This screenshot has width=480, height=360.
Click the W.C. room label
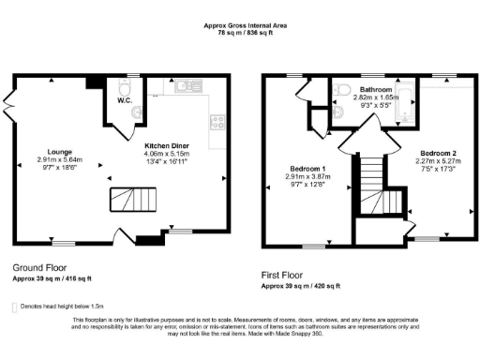tap(124, 100)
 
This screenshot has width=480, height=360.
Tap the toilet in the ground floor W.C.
tap(138, 112)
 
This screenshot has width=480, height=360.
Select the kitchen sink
tap(184, 87)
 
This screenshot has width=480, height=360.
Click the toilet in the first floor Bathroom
tap(341, 90)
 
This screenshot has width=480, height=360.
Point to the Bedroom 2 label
tap(437, 152)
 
